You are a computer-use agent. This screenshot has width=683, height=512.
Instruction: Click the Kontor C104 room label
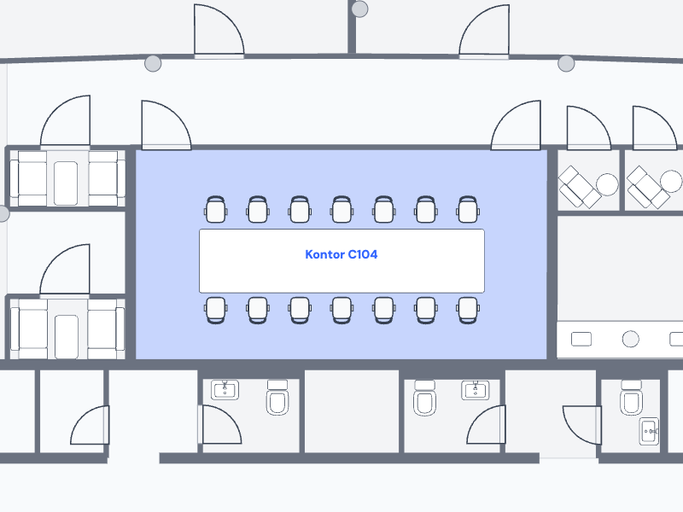tap(341, 254)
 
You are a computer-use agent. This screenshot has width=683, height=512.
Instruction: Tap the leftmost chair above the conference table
tap(216, 209)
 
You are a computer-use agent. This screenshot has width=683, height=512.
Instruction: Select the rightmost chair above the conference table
tap(467, 209)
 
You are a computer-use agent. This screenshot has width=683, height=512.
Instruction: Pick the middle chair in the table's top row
tap(341, 209)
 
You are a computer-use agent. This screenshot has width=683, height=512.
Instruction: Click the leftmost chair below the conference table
tap(216, 310)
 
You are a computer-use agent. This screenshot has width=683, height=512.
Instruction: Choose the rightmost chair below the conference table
tap(467, 310)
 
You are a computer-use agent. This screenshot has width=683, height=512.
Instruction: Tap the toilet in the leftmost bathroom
tap(278, 399)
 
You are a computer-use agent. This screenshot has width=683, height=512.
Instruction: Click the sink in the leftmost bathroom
tap(225, 390)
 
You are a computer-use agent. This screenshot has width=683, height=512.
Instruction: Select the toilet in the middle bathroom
tap(424, 399)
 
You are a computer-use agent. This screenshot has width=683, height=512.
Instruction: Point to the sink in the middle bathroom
tap(475, 390)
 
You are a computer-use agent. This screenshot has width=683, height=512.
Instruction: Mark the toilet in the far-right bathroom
tap(631, 399)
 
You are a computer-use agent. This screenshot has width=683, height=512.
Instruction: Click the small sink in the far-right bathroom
tap(650, 432)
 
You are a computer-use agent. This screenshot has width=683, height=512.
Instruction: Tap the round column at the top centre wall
tap(360, 9)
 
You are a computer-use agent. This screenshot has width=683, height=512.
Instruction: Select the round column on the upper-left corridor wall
tap(153, 63)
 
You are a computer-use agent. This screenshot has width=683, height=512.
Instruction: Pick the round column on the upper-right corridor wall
tap(566, 63)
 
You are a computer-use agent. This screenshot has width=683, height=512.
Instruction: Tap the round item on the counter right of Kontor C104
tap(631, 339)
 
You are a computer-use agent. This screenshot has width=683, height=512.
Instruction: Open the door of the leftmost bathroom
tap(220, 425)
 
